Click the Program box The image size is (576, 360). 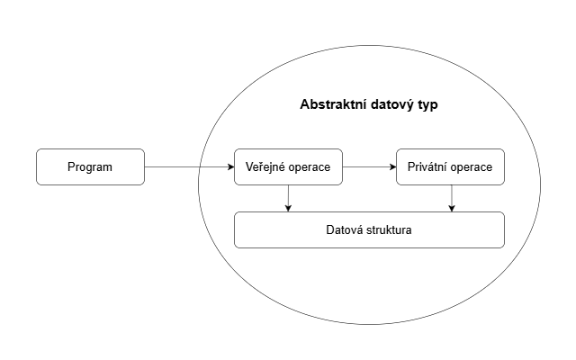click(90, 166)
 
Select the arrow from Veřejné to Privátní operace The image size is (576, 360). click(369, 166)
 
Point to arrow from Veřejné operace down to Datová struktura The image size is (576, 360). click(288, 198)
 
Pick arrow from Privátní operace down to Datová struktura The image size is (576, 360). click(452, 198)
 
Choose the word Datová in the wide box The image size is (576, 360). click(344, 230)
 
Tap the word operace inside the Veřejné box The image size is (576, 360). click(310, 167)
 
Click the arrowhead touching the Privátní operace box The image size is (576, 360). click(392, 166)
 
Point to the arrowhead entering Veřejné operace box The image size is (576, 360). click(229, 166)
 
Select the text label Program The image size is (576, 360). click(90, 167)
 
